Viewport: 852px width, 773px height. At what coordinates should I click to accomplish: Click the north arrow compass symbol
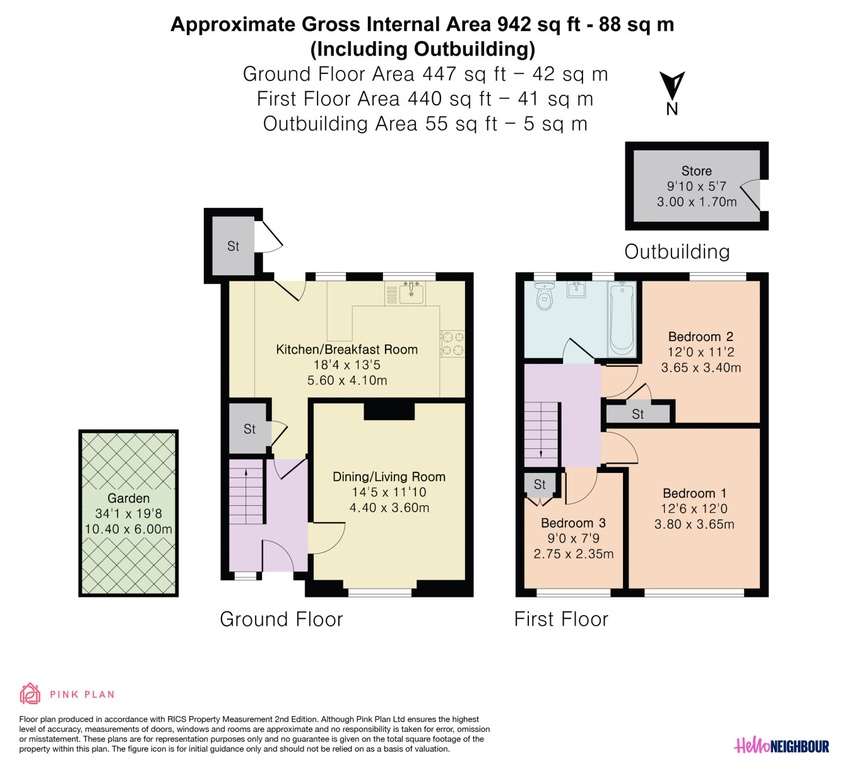point(672,86)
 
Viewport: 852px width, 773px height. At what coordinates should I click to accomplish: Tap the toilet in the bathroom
point(544,296)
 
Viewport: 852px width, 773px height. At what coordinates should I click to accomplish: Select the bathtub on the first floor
point(622,319)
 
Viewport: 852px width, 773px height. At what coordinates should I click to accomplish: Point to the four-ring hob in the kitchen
point(453,344)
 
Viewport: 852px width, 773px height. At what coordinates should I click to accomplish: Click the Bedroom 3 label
point(574,523)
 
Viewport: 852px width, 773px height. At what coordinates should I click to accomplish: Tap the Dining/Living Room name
point(389,477)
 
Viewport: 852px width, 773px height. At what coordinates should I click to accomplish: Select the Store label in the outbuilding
point(697,171)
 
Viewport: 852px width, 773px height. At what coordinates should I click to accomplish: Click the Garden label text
point(128,498)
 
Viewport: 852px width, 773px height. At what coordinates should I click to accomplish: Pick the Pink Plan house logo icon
point(30,694)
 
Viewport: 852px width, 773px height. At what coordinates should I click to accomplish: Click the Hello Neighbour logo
point(781,746)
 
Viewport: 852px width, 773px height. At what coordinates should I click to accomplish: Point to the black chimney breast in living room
point(389,411)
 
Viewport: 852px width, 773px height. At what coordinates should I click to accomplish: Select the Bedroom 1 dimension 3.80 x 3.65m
point(694,524)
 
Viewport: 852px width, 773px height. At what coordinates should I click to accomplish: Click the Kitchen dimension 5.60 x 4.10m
point(347,380)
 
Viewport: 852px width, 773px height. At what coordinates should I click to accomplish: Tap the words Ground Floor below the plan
point(281,619)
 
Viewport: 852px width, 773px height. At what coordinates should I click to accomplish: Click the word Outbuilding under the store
point(677,252)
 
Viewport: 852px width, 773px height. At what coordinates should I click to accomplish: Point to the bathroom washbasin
point(576,289)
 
